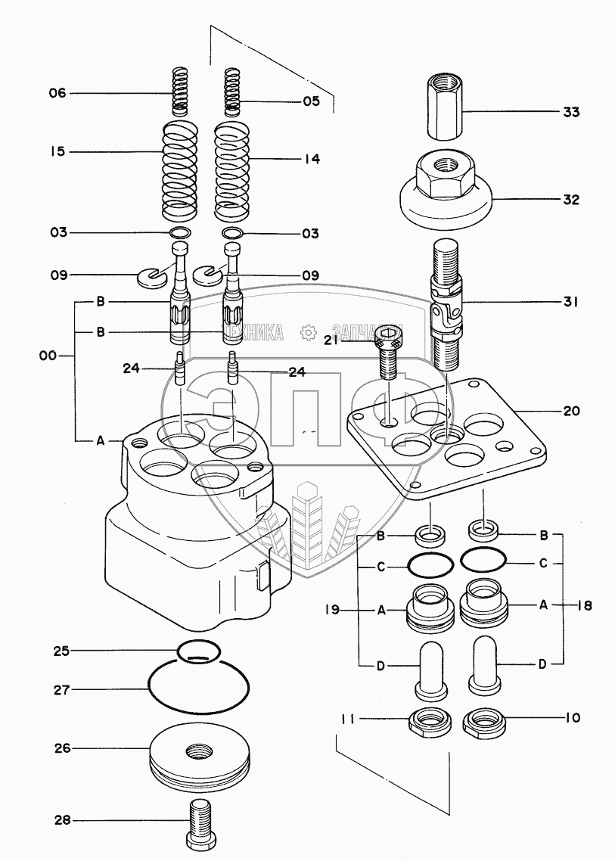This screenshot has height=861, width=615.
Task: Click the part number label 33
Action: [x=571, y=112]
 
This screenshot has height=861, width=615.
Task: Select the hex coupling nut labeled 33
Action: [x=444, y=108]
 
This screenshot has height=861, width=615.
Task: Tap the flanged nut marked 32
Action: [x=446, y=189]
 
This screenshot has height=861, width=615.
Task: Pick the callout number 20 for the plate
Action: [x=571, y=411]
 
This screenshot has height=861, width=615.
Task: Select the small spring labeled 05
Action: [x=233, y=92]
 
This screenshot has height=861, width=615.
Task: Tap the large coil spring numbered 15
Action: [x=179, y=169]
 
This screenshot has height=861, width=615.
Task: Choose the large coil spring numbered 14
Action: [x=234, y=171]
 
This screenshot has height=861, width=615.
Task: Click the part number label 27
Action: [x=62, y=690]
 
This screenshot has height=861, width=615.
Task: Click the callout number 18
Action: [x=585, y=606]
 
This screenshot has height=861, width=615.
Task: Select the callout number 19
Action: [x=332, y=610]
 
